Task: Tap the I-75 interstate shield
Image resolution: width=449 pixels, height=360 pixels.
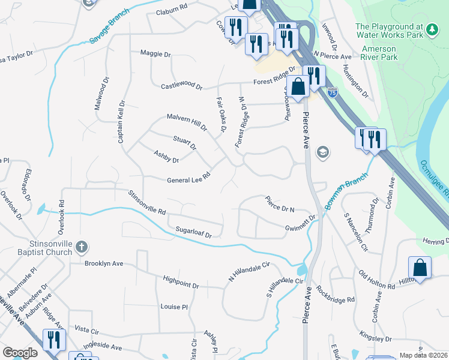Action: tap(333, 92)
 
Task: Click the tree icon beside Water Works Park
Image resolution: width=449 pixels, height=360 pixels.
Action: tap(430, 29)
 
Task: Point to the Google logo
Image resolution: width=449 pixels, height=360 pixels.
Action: tap(19, 353)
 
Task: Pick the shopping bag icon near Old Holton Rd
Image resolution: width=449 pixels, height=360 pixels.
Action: tap(420, 268)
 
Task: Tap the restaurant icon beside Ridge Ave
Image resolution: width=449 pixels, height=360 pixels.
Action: tap(55, 340)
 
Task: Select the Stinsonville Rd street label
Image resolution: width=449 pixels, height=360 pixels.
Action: tap(146, 203)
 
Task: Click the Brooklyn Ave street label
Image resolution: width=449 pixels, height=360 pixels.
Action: tap(103, 263)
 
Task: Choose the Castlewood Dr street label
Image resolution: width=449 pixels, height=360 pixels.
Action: tap(181, 86)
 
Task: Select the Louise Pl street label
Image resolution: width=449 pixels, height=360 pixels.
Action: tap(174, 307)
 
